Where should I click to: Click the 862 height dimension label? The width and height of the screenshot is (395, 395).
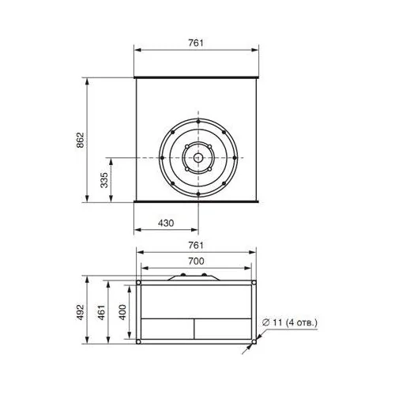point(81,140)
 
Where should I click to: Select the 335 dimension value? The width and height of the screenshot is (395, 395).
point(104,180)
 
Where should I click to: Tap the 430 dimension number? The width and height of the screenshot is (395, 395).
point(166,223)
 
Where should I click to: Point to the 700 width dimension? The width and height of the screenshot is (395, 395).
point(196,261)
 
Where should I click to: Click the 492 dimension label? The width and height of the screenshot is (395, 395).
point(81,312)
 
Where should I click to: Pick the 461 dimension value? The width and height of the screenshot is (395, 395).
point(102,312)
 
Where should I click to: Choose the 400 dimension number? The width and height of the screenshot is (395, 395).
point(122,312)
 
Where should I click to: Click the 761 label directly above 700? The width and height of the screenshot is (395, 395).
point(196,246)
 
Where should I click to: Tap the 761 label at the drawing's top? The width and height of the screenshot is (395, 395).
point(196,43)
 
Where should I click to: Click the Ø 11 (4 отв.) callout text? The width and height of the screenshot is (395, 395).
point(290,322)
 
